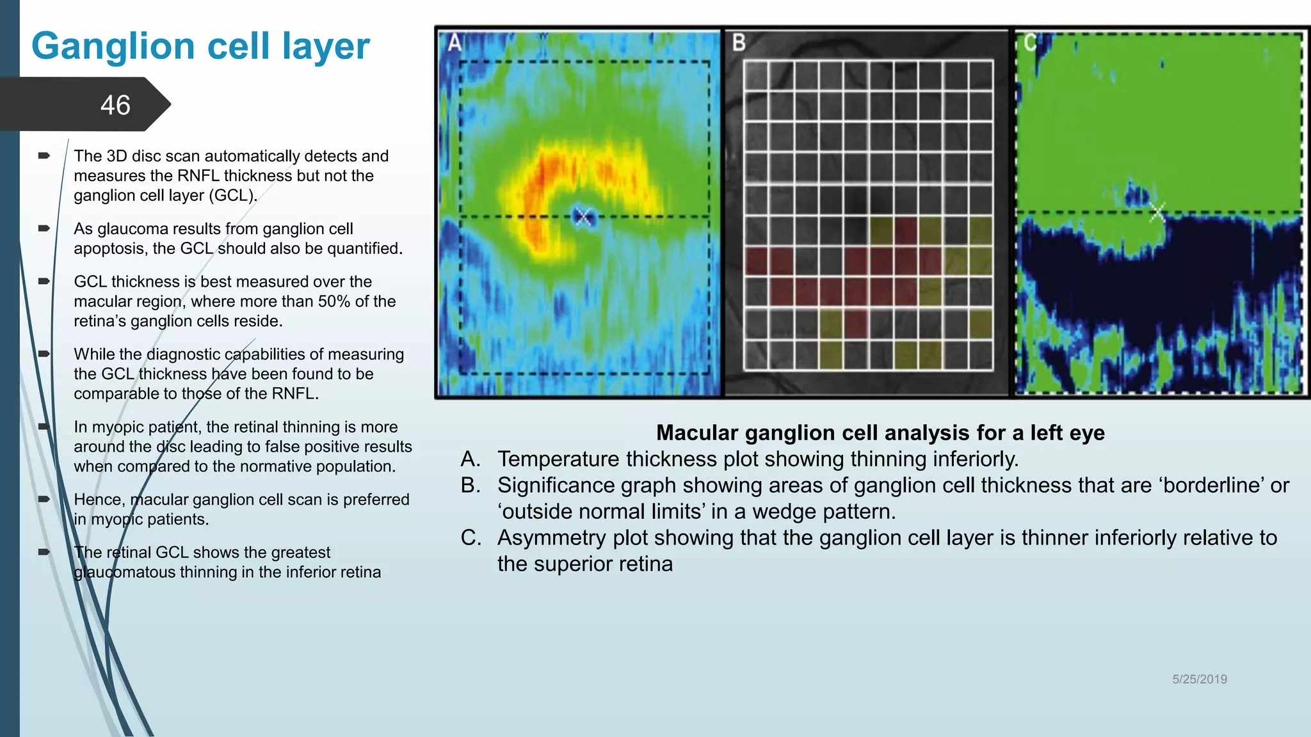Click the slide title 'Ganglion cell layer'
point(200,46)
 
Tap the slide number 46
point(115,105)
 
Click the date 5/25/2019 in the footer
point(1199,679)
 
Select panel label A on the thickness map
point(454,43)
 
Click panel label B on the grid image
point(739,43)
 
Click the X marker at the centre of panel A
point(583,216)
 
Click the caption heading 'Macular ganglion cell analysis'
point(880,432)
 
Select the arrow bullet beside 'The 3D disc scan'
point(44,155)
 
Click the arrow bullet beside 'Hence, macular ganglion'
point(44,499)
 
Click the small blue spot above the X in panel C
point(1137,193)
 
